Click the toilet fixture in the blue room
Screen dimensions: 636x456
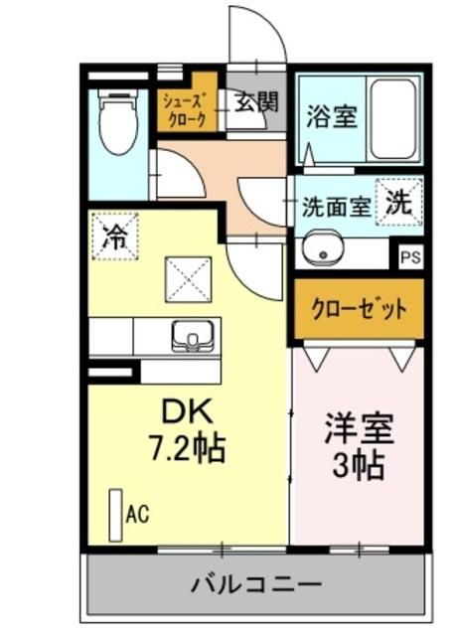119,125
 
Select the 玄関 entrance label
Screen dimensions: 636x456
256,102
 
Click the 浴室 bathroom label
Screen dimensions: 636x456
331,117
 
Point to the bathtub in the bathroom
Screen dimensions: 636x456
394,118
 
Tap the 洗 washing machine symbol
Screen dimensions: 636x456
398,202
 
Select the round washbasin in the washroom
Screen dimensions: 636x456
321,249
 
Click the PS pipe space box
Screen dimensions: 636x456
409,256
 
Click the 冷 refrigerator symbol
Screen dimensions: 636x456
115,236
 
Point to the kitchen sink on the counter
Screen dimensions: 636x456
189,336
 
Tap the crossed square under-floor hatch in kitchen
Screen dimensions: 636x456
189,275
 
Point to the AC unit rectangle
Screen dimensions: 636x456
116,514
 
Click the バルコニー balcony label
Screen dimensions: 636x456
255,583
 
